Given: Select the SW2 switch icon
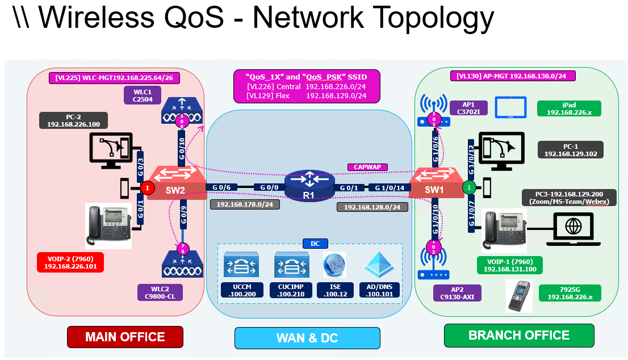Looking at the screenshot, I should click(176, 182).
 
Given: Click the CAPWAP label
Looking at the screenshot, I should click(368, 167).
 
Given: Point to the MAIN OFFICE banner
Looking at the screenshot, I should click(125, 337).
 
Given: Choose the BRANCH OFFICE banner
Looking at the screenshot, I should click(518, 335).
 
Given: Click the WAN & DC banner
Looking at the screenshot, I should click(307, 338).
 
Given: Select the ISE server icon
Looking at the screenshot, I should click(334, 265).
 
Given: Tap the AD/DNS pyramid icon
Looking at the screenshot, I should click(379, 265).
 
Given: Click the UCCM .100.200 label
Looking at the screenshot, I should click(242, 290).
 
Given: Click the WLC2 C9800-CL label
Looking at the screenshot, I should click(160, 292).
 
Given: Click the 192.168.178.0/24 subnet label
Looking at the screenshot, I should click(245, 204).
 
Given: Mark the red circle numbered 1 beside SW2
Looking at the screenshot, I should click(147, 187).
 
